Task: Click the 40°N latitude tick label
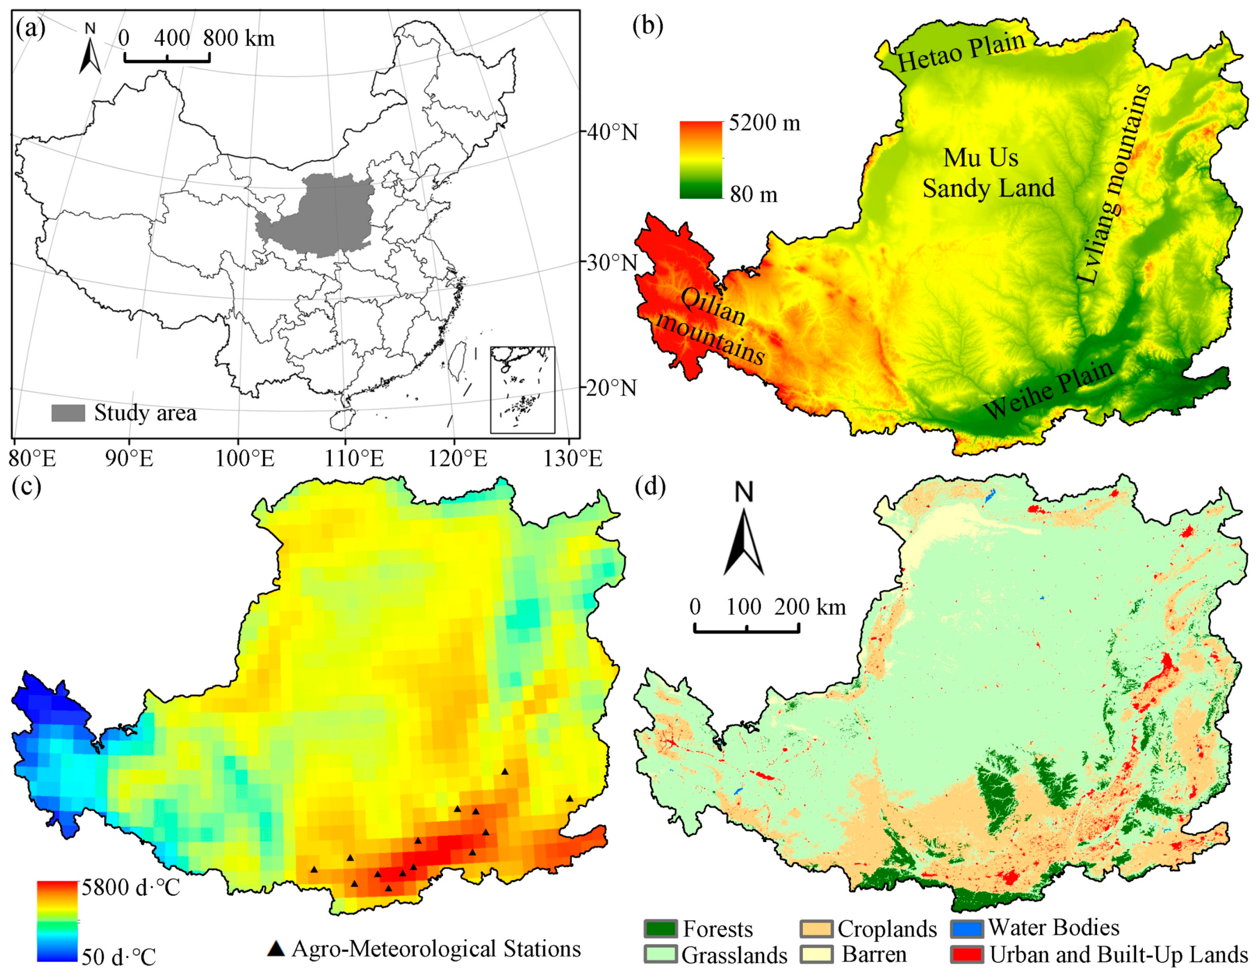[613, 133]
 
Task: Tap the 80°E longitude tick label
[32, 459]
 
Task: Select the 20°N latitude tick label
[613, 388]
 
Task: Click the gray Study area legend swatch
[68, 413]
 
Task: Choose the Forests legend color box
[660, 928]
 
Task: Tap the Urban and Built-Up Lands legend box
[966, 955]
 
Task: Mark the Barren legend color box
[816, 955]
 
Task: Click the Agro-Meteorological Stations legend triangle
[277, 949]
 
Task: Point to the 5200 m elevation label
[764, 123]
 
